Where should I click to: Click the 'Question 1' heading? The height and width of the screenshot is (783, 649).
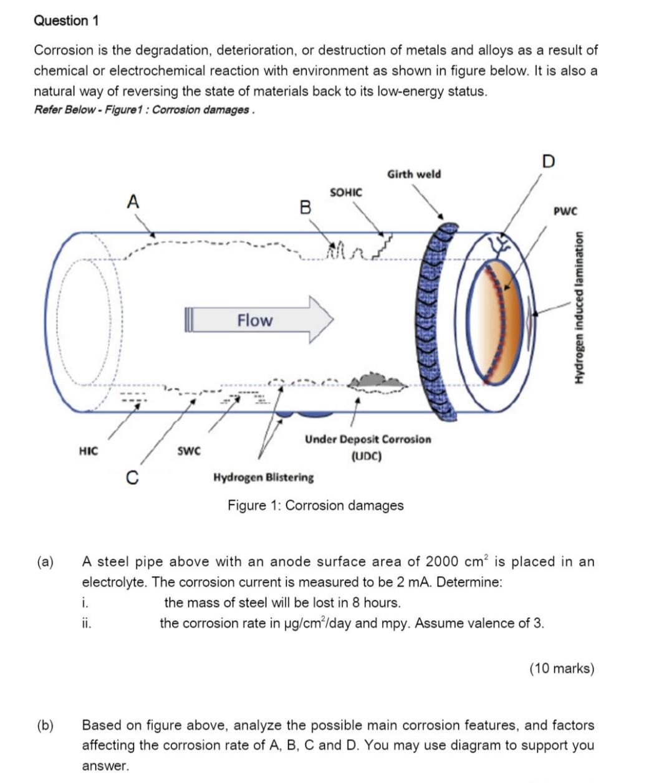coord(66,21)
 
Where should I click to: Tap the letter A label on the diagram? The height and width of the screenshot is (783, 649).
coord(133,202)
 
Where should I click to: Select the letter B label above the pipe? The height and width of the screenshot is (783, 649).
coord(305,207)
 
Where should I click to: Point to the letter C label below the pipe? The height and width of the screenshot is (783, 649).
coord(132,478)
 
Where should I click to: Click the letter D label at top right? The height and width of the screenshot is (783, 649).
coord(548,161)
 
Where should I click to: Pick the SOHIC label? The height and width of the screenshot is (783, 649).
coord(345,192)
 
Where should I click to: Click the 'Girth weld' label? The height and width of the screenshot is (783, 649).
coord(414,174)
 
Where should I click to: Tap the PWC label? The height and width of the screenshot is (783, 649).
coord(565,211)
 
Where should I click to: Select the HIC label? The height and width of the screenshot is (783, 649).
coord(89,450)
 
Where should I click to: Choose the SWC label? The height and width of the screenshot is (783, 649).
coord(189,450)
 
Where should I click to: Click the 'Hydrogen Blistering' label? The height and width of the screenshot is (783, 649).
coord(264,478)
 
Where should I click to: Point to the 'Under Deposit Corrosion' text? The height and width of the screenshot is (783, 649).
coord(367,440)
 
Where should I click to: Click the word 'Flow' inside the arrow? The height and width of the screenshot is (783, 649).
coord(254,320)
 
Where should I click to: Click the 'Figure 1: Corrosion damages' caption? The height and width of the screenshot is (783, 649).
coord(315,505)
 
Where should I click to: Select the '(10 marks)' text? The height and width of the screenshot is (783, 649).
coord(562,668)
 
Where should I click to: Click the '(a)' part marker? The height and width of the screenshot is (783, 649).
coord(46,562)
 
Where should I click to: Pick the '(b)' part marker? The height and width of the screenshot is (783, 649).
coord(46,725)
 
